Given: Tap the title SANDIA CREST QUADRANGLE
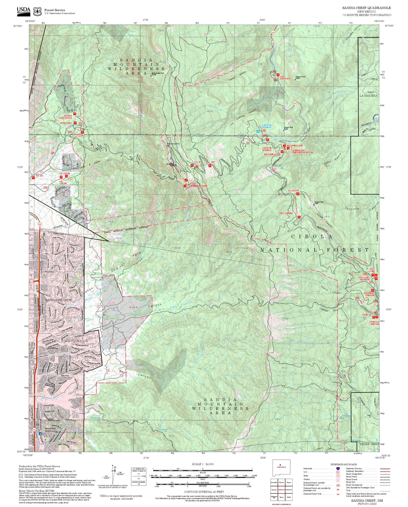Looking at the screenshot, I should coord(366,8).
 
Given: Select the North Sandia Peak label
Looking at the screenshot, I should coord(158,73).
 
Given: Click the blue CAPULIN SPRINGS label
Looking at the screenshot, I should coord(267,126).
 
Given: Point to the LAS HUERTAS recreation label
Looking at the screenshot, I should coord(285,78).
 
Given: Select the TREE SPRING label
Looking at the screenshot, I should coord(286,213).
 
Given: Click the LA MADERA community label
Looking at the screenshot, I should coord(369,96).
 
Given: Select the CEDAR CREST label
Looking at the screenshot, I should coord(369,444).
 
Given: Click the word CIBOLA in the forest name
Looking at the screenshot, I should coord(312,237).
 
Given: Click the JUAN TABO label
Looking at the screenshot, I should coord(66,123).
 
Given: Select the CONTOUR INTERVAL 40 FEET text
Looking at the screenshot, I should coord(204,492).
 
